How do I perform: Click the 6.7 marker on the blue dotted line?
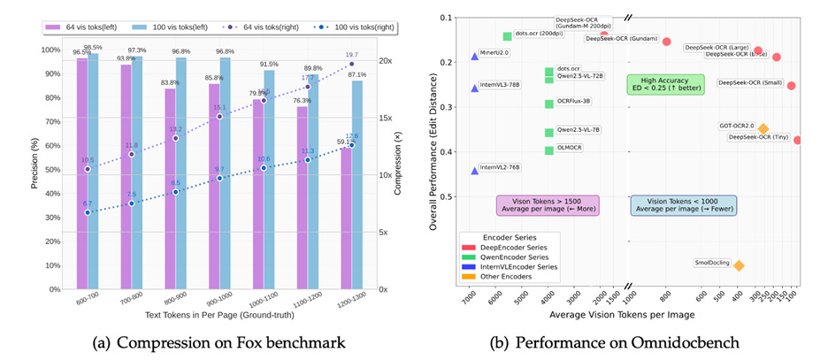point(88,212)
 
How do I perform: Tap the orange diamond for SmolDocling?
point(739,265)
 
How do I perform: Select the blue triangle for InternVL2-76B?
point(475,170)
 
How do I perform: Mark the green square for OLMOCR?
point(549,150)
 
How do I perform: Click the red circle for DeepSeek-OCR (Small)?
point(791,86)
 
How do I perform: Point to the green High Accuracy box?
point(665,83)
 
